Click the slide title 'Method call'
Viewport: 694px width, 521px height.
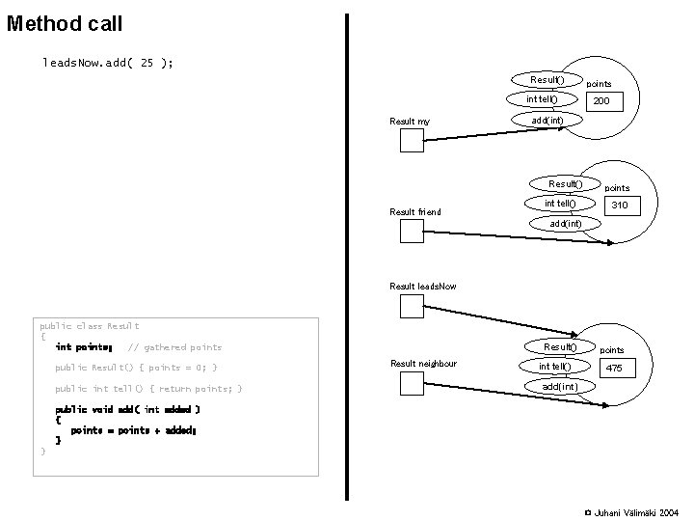pos(64,22)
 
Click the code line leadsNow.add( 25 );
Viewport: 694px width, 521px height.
pos(108,63)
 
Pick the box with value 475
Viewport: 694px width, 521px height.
pos(613,368)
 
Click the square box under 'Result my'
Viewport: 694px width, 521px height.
pos(412,141)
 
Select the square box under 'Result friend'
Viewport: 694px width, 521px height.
pos(412,231)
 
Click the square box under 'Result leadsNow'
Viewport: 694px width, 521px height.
pos(412,307)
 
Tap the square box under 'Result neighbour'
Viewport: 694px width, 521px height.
pos(412,384)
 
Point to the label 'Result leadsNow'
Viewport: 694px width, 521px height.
pos(423,287)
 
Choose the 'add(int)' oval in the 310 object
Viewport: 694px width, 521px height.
pos(565,224)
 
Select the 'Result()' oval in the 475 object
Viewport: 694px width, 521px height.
pos(560,346)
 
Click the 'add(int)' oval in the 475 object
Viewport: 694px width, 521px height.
pos(559,387)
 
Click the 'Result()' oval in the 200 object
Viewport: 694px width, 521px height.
pos(547,79)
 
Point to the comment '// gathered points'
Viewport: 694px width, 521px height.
pos(174,347)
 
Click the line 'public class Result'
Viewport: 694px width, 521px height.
pos(89,326)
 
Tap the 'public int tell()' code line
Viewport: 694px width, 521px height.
pos(148,389)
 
